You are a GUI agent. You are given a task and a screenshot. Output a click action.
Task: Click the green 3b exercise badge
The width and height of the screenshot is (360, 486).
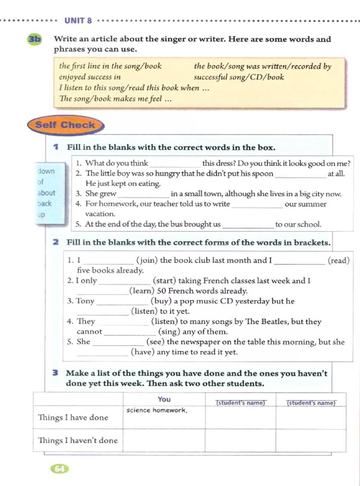click(34, 39)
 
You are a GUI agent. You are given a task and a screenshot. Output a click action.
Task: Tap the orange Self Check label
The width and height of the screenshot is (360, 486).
click(65, 125)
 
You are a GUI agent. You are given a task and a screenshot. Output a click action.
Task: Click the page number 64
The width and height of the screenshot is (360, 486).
click(60, 469)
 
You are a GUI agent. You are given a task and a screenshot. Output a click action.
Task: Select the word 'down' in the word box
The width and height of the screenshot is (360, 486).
click(46, 171)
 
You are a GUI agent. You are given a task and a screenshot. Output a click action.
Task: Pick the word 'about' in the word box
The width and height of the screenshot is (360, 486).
click(46, 193)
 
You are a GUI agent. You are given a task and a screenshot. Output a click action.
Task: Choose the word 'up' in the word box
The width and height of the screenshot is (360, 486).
click(41, 215)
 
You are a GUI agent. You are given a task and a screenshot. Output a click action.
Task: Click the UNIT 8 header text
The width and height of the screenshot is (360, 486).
click(78, 21)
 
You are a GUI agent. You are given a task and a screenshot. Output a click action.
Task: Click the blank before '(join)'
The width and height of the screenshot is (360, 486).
click(108, 261)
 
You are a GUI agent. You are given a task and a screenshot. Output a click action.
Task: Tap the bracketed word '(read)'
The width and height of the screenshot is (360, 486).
click(339, 261)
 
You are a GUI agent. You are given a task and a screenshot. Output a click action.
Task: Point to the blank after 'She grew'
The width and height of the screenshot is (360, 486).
click(143, 194)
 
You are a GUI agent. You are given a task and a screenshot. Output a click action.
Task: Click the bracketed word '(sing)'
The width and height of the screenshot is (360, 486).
click(168, 332)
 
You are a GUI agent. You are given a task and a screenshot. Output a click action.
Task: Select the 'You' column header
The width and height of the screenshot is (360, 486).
click(164, 399)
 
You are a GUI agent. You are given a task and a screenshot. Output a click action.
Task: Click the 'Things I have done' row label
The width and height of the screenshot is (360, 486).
click(73, 417)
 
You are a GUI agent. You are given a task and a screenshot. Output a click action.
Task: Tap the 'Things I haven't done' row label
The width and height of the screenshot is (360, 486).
click(78, 440)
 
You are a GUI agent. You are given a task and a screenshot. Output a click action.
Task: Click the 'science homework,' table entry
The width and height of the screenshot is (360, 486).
click(157, 410)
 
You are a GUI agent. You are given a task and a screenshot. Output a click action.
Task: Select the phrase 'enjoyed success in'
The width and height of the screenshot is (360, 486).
click(90, 77)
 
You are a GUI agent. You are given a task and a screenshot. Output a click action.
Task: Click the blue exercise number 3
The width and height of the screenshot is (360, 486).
click(55, 373)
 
